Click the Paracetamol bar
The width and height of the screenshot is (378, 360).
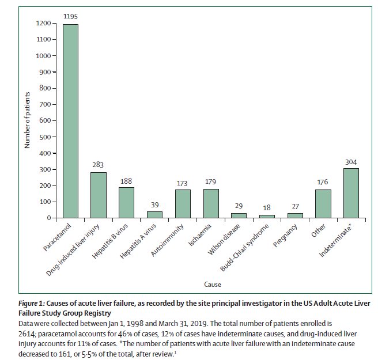point(70,121)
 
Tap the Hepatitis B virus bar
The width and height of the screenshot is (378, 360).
point(126,202)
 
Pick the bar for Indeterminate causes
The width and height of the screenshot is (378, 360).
point(351,193)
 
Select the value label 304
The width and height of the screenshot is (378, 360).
point(351,162)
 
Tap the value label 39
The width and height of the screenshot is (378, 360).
point(154,205)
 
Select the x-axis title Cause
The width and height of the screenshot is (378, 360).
point(211,284)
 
